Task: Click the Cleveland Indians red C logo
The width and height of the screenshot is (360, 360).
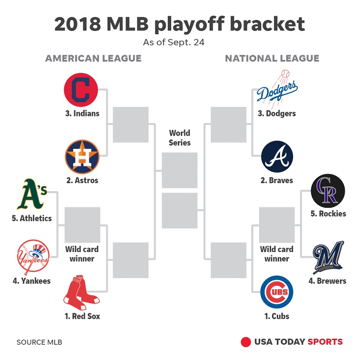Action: [81, 90]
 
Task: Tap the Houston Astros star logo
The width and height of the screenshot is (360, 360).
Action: [82, 157]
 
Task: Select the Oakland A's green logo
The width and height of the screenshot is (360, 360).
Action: [32, 194]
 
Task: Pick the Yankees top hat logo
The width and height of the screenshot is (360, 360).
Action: [33, 257]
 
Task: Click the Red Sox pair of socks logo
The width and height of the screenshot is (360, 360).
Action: [81, 292]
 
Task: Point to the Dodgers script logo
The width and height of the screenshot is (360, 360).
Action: [277, 89]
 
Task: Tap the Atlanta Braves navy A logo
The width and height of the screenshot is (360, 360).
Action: [277, 156]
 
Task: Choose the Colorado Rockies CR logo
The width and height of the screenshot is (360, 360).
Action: [328, 191]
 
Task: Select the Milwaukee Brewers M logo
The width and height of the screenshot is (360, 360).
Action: [328, 257]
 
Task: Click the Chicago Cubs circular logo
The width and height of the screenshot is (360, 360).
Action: [277, 292]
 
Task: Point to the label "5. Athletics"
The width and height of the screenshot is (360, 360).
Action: [32, 218]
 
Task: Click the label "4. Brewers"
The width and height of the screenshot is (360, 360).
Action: [327, 281]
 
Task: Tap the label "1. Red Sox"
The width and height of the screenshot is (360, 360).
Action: [82, 316]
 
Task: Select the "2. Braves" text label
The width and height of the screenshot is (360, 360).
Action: [277, 180]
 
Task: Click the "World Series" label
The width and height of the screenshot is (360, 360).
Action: [180, 138]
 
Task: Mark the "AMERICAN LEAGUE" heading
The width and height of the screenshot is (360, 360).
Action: [93, 58]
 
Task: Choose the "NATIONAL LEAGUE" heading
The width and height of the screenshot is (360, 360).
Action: [272, 58]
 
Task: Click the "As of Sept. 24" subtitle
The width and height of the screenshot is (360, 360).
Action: [174, 42]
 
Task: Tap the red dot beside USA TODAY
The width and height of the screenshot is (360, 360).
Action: [246, 342]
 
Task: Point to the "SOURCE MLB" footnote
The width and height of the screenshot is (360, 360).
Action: [39, 342]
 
